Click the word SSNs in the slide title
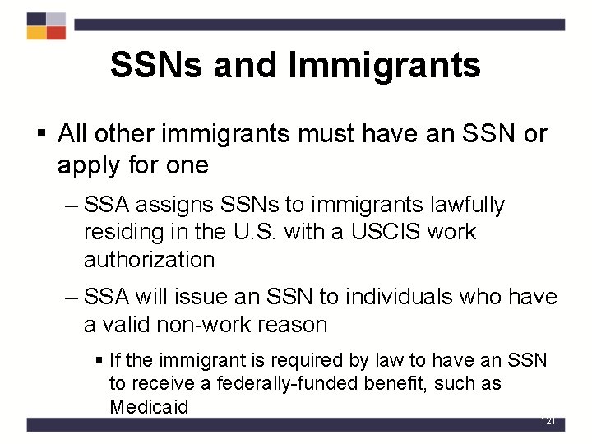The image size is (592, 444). [156, 66]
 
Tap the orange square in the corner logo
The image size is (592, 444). [36, 33]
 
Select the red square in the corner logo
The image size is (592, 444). [56, 33]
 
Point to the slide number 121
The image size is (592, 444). [548, 421]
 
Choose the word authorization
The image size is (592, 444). [149, 260]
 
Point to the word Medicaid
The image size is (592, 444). [149, 406]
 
